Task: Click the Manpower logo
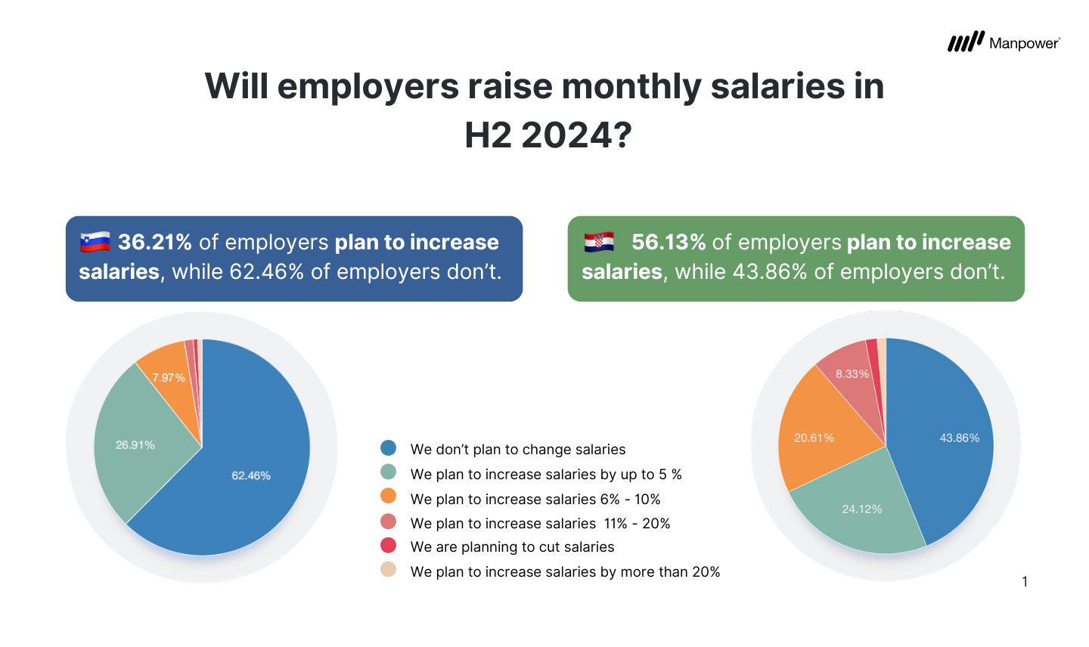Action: (1003, 42)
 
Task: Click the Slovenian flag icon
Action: (95, 242)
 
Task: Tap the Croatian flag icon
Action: (599, 242)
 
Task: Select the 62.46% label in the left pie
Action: (251, 475)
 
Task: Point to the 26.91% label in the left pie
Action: (135, 445)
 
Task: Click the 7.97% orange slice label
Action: (169, 377)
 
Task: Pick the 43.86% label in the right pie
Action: (959, 438)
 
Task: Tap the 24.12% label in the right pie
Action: (862, 509)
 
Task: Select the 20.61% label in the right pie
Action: (814, 438)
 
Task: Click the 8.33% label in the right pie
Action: (852, 373)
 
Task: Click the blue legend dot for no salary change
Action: (389, 448)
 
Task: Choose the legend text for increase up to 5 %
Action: (546, 474)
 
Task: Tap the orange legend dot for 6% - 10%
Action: (389, 497)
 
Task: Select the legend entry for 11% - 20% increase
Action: (540, 523)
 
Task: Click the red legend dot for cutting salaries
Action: (389, 545)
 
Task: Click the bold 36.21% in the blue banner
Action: (155, 242)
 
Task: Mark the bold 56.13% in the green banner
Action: (669, 242)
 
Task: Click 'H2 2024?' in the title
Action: (548, 136)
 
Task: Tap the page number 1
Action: (1025, 581)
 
